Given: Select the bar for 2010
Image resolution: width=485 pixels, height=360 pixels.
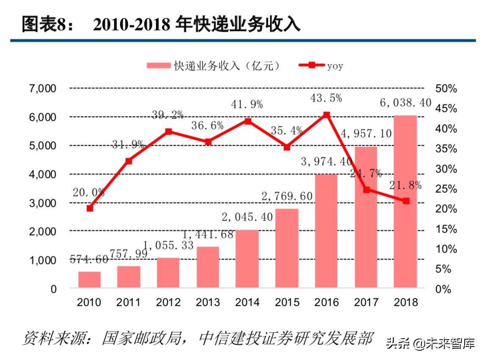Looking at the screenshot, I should pos(89,280).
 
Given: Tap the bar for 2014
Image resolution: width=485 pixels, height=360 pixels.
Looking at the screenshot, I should pos(247,259).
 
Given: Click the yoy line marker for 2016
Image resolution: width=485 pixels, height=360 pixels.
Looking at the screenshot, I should pos(326,115).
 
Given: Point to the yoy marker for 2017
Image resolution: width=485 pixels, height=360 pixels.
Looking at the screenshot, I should pos(366,190).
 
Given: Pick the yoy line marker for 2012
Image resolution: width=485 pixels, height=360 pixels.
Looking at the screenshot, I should pos(168,132).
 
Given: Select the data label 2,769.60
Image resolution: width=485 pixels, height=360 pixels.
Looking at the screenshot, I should pos(287,196).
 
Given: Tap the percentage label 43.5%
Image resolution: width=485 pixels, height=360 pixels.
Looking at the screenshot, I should pos(326,98).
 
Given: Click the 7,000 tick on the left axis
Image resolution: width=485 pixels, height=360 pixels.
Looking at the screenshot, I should pos(42,89).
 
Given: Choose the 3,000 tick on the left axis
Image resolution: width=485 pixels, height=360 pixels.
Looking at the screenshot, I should pos(42,203).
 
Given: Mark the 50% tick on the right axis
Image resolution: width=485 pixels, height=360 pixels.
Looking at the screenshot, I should pos(446,89).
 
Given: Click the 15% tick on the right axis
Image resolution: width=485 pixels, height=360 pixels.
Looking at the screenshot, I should pos(446,229).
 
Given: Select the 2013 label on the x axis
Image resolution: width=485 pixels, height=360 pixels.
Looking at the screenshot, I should pos(208,302).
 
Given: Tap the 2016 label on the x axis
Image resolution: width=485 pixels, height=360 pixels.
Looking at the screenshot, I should pos(326,302).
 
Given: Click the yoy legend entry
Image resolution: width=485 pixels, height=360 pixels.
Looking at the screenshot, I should pos(320,66).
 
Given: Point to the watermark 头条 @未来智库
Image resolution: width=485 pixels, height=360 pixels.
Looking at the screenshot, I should pos(430,343).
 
